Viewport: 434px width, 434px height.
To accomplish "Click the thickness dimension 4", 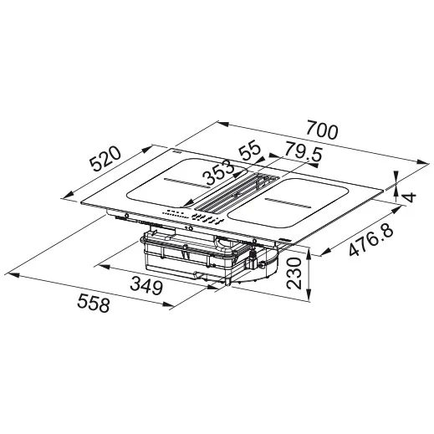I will click(x=411, y=197).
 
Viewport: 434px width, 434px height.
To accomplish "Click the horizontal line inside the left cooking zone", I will click(x=185, y=181).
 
